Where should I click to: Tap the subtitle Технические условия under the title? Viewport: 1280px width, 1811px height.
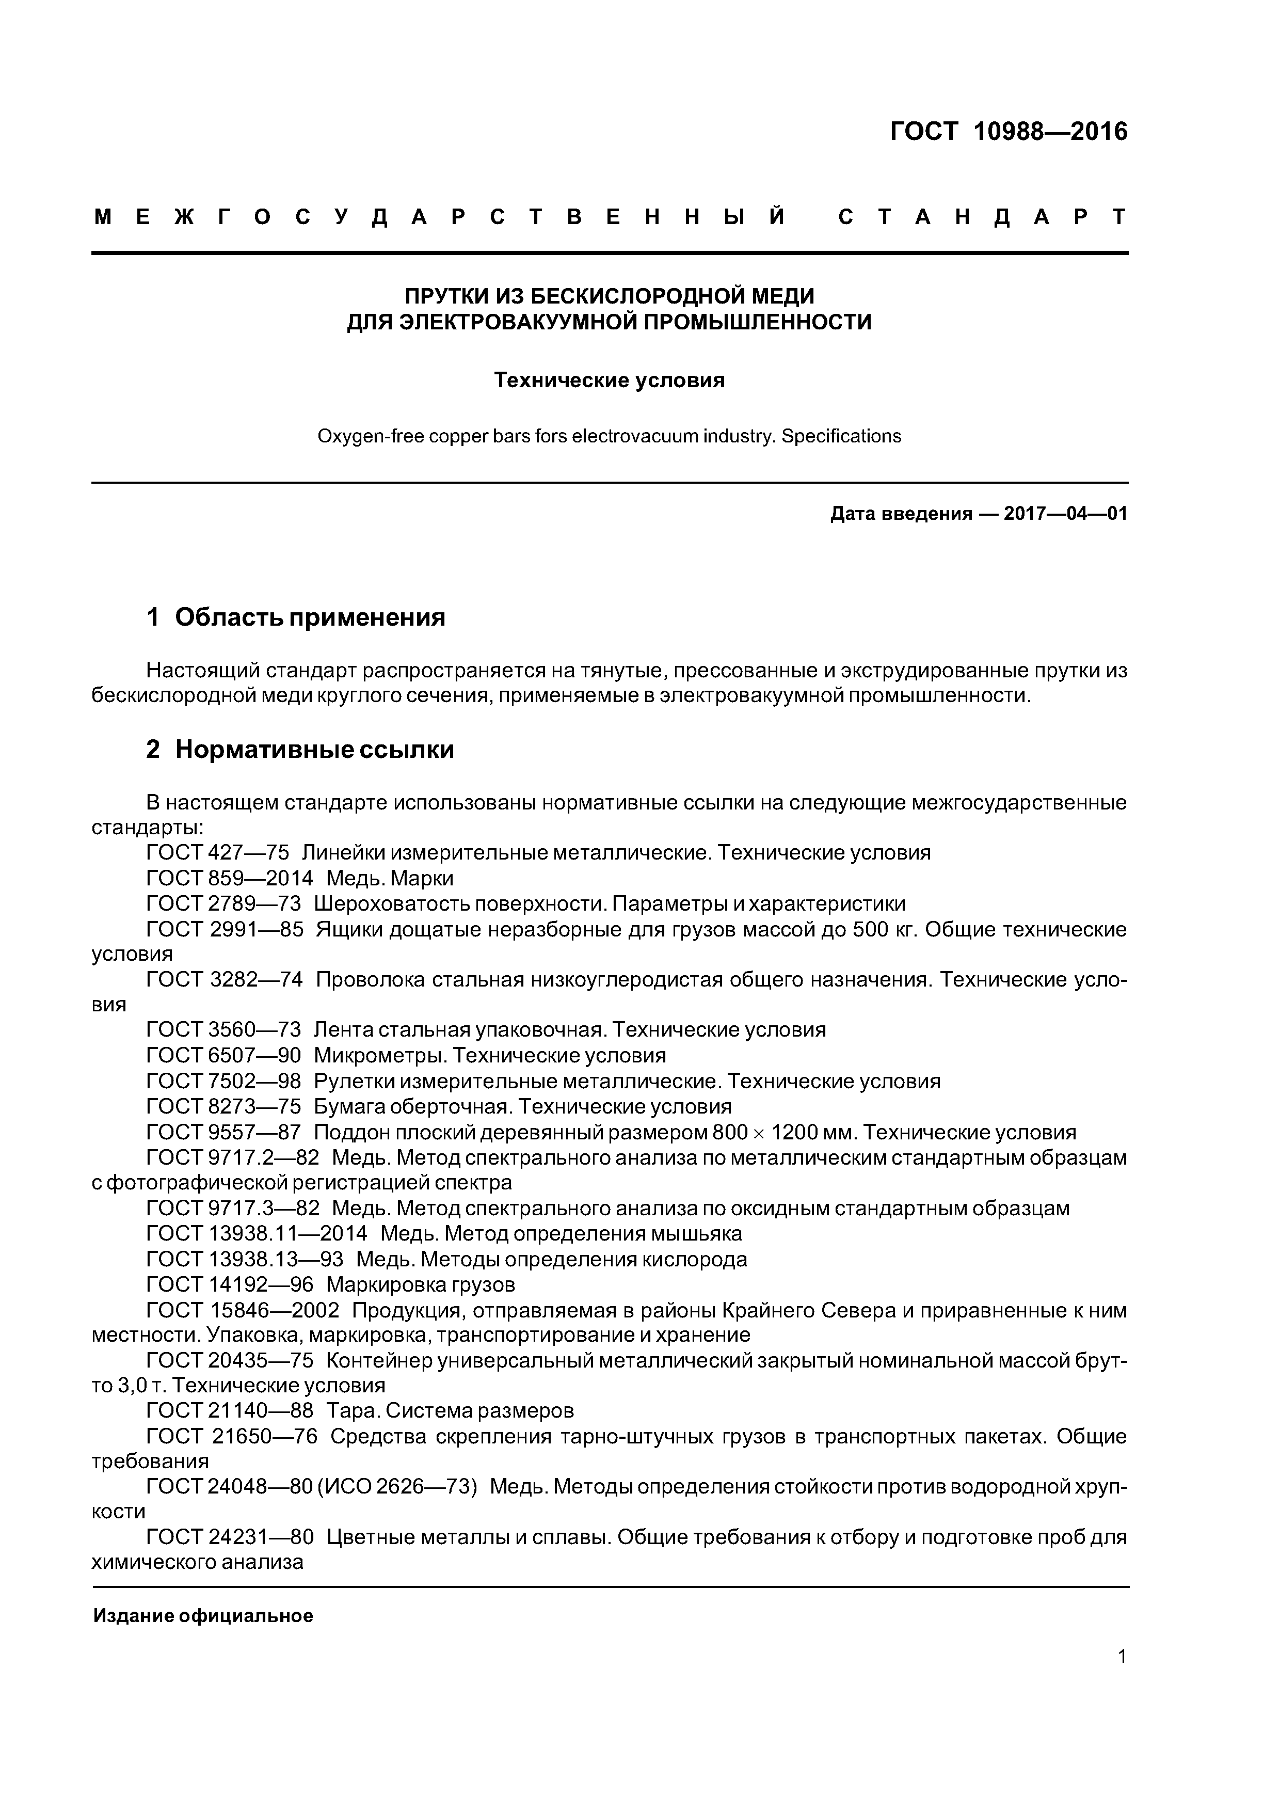(609, 380)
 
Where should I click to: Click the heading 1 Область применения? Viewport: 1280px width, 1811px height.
(296, 617)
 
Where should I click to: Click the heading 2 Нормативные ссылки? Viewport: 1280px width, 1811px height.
(300, 749)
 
